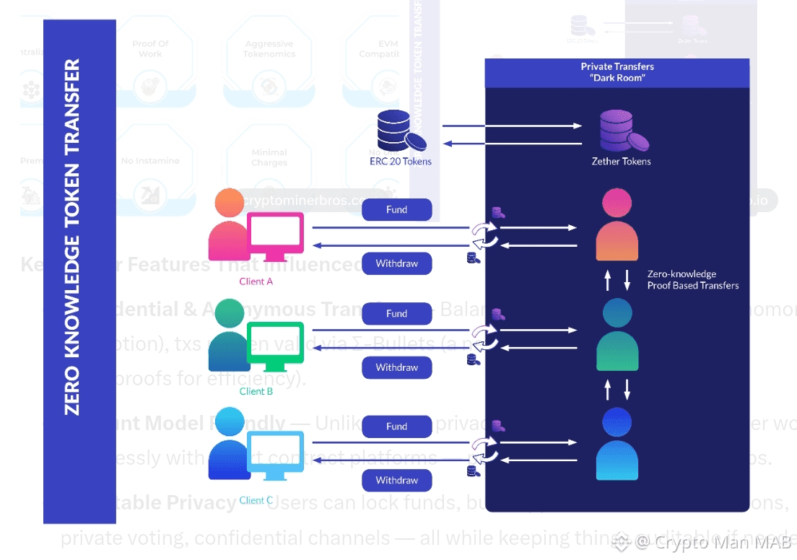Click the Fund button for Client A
pyautogui.click(x=396, y=210)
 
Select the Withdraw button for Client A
pyautogui.click(x=396, y=263)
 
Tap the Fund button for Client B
pyautogui.click(x=396, y=314)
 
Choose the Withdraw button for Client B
pyautogui.click(x=396, y=367)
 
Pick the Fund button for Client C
pyautogui.click(x=396, y=426)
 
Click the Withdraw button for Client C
pyautogui.click(x=396, y=480)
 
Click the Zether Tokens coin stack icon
pyautogui.click(x=620, y=131)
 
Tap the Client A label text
pyautogui.click(x=256, y=281)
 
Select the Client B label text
pyautogui.click(x=256, y=391)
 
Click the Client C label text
pyautogui.click(x=256, y=500)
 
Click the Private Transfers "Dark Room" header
pyautogui.click(x=617, y=72)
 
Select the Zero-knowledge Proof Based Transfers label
pyautogui.click(x=692, y=280)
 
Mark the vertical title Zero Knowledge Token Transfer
pyautogui.click(x=73, y=237)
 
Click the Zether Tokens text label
pyautogui.click(x=621, y=162)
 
